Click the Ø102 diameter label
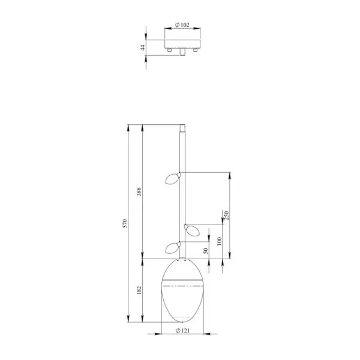(182, 25)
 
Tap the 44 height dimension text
(143, 48)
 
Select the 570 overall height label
(125, 223)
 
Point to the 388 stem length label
(139, 192)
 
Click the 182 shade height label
(139, 290)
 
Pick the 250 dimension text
(226, 215)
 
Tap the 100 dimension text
(219, 241)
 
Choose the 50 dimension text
(206, 251)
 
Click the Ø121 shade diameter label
(183, 331)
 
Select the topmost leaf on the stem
(173, 178)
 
